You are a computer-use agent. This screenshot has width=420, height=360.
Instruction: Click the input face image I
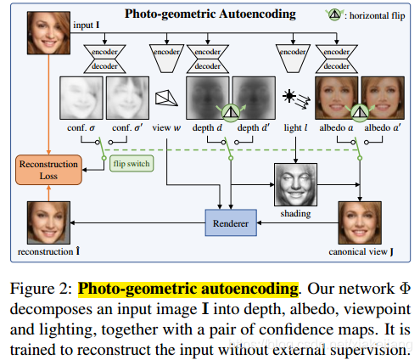(x=50, y=32)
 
